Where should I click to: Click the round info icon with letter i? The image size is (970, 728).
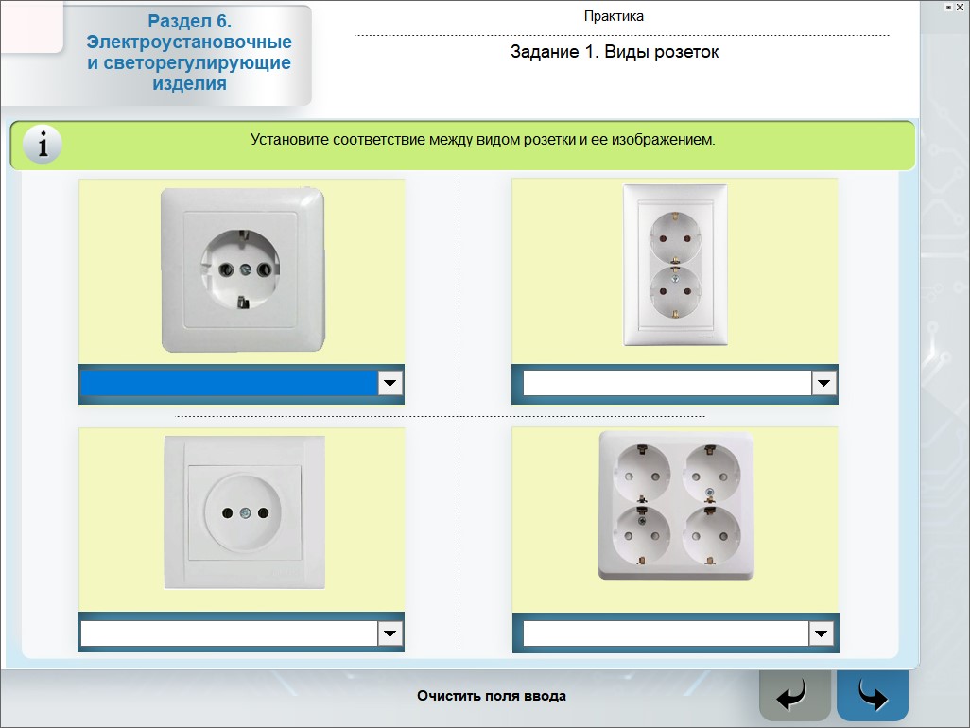click(42, 145)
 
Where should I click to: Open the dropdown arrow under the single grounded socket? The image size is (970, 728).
click(390, 383)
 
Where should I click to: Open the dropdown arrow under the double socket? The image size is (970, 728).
click(823, 383)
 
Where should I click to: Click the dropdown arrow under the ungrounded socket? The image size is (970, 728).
click(390, 633)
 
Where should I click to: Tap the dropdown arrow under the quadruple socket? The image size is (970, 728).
click(821, 633)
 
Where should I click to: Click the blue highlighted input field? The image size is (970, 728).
click(230, 383)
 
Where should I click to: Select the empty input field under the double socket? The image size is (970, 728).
click(667, 383)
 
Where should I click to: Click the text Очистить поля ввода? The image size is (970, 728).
click(492, 696)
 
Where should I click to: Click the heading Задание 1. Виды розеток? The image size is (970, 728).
click(615, 52)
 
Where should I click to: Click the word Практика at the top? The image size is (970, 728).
click(614, 16)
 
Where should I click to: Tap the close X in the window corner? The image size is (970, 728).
click(960, 8)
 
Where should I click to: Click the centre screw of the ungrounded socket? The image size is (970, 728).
click(246, 512)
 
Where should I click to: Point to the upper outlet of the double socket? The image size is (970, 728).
click(675, 237)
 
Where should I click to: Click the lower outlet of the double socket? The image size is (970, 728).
click(675, 291)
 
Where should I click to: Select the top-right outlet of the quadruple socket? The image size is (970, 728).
click(711, 473)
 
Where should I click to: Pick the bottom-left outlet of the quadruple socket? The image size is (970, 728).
click(641, 535)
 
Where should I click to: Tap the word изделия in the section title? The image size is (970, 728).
click(189, 83)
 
